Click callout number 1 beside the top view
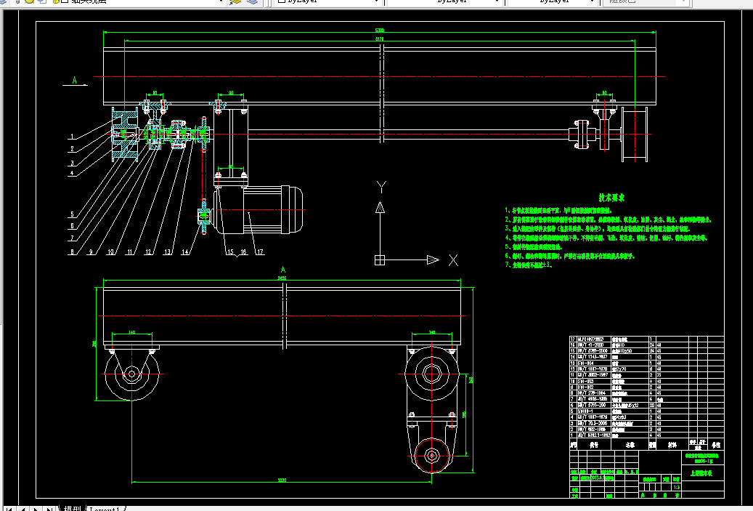point(72,137)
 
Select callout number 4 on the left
point(72,174)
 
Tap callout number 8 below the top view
point(72,252)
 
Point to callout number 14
point(184,252)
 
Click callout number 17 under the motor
point(259,252)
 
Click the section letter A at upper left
point(75,81)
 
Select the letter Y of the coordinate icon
point(380,187)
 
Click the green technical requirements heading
point(611,197)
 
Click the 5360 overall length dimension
point(380,31)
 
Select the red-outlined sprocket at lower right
point(431,456)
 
